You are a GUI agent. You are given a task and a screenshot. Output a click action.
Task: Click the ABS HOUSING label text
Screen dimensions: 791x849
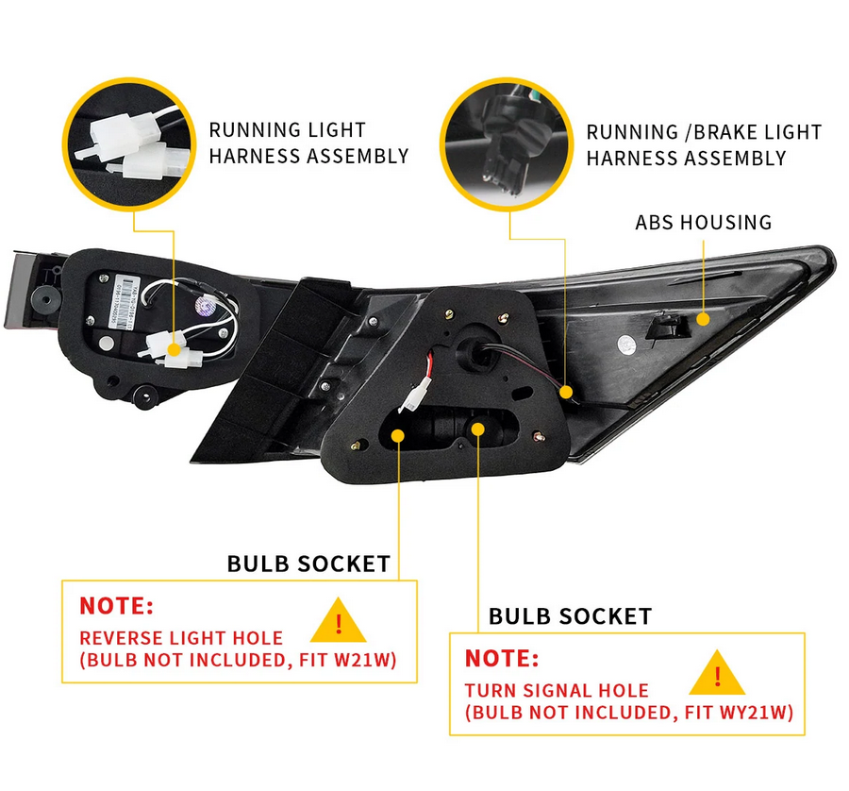click(703, 223)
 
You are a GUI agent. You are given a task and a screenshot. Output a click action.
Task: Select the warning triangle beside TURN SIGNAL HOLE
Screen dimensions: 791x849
click(717, 674)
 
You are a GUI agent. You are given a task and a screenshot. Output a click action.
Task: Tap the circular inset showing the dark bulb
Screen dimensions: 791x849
click(507, 143)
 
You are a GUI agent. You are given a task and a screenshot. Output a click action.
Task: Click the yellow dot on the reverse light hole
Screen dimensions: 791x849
click(398, 435)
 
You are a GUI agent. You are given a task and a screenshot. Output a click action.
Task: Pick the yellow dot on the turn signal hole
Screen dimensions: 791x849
click(478, 428)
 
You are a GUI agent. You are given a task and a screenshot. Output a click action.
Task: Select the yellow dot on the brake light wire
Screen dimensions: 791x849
click(566, 391)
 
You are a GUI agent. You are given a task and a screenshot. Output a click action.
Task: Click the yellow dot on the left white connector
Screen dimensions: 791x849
click(174, 348)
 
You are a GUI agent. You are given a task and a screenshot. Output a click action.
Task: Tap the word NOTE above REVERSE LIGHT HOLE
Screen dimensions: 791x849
click(116, 606)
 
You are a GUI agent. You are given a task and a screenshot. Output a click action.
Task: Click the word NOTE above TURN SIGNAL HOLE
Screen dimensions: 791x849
click(502, 658)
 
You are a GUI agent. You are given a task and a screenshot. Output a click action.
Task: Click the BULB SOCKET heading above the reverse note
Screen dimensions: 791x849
click(308, 564)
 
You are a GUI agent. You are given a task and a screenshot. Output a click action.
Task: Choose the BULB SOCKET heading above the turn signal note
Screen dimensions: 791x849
click(570, 616)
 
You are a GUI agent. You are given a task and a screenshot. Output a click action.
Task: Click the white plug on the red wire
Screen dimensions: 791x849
click(411, 400)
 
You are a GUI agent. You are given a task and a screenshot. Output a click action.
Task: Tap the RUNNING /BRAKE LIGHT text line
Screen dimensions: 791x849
click(704, 133)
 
